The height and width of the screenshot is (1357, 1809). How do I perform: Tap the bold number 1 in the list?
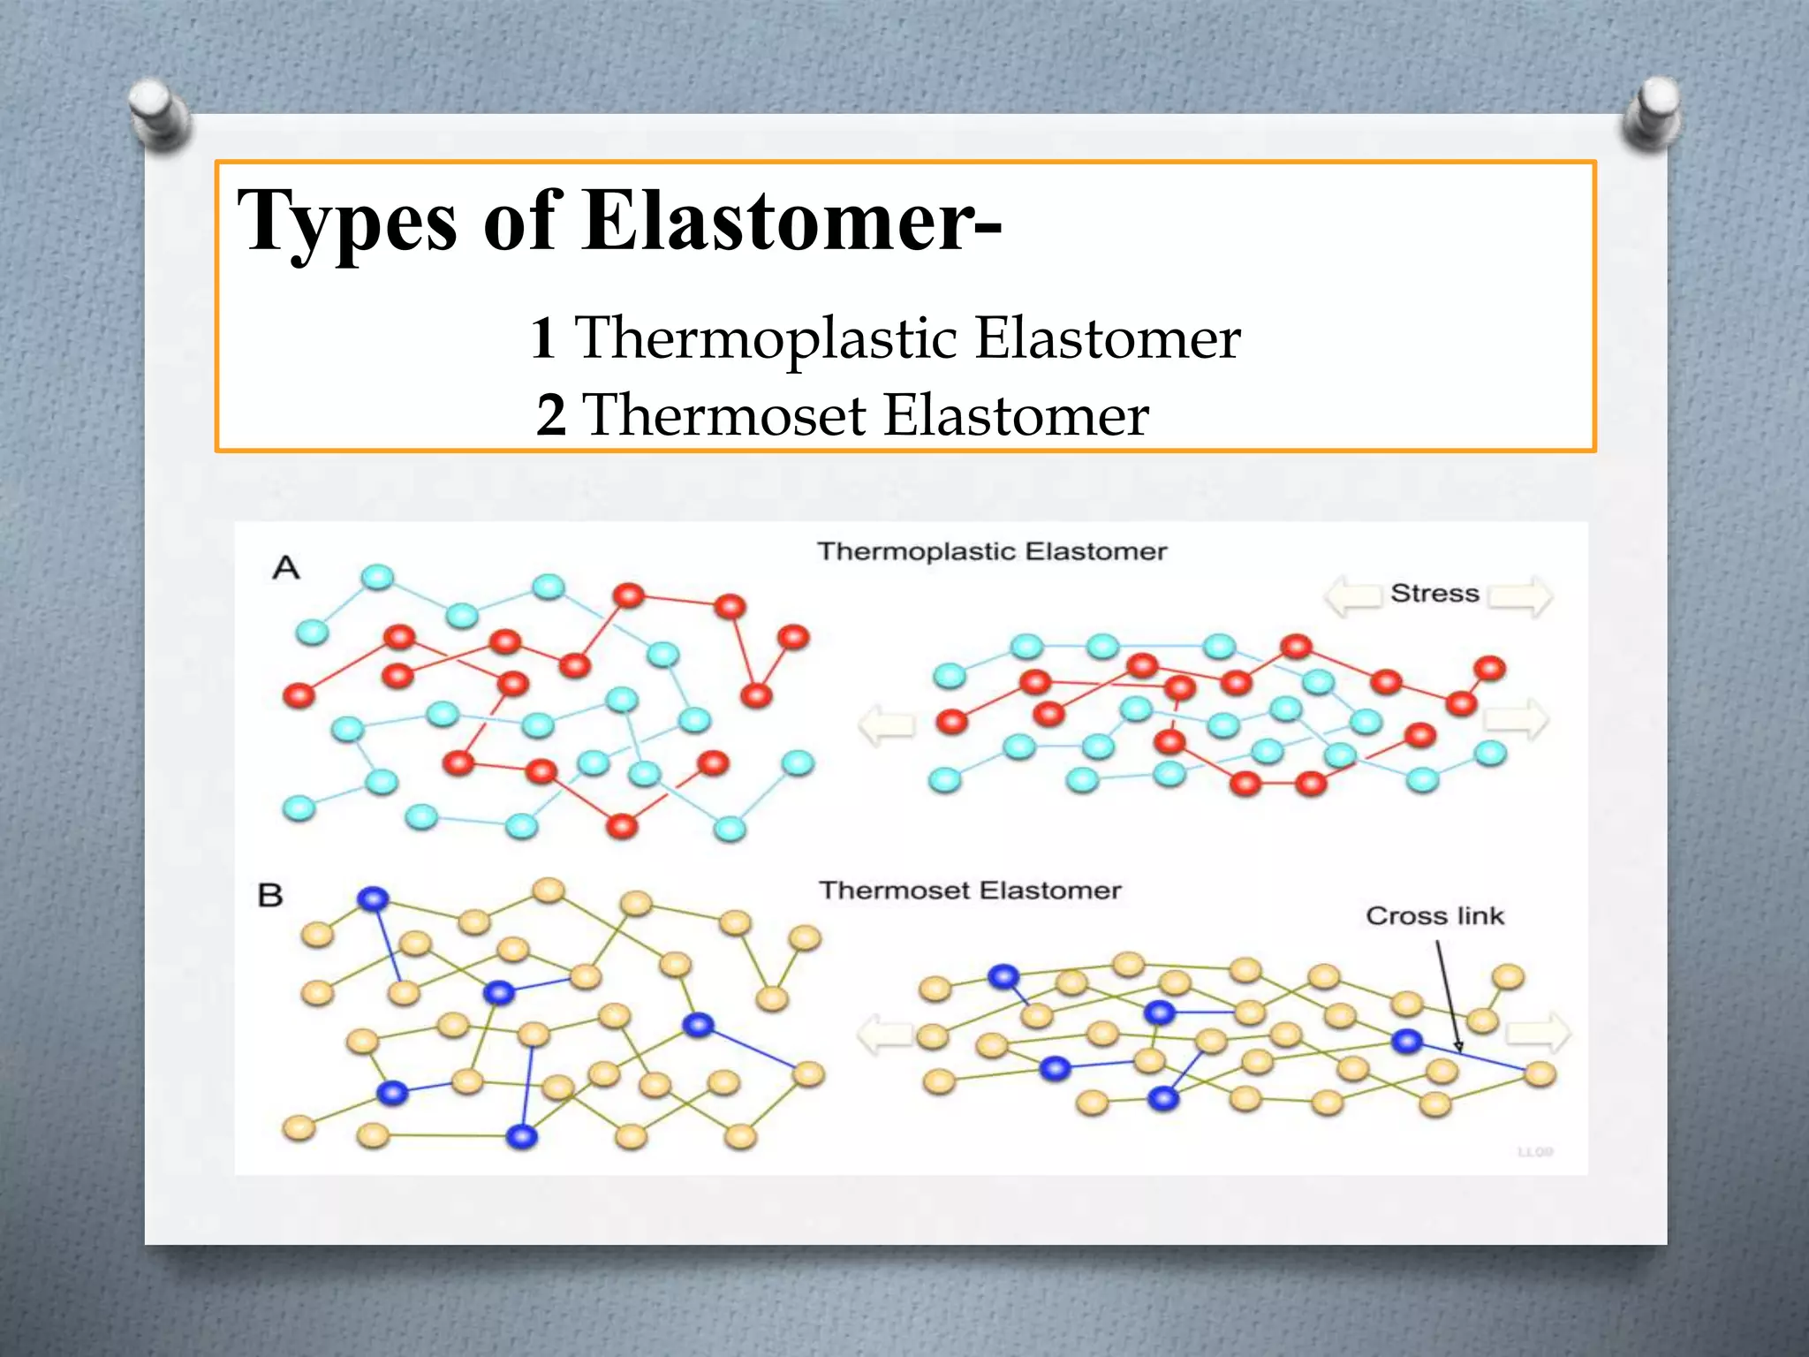pyautogui.click(x=542, y=337)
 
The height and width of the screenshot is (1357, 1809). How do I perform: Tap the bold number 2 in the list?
pyautogui.click(x=550, y=415)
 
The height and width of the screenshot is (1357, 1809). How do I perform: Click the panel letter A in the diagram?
pyautogui.click(x=285, y=567)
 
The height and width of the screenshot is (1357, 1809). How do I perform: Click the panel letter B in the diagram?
pyautogui.click(x=270, y=895)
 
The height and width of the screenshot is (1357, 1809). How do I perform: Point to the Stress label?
pyautogui.click(x=1434, y=593)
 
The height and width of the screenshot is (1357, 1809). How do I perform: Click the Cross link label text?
pyautogui.click(x=1434, y=915)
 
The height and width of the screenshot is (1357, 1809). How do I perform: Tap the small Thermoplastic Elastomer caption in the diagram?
pyautogui.click(x=991, y=551)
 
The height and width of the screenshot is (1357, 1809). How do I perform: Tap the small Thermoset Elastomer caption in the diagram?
pyautogui.click(x=969, y=890)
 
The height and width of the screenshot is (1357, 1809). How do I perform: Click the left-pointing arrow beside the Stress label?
pyautogui.click(x=1352, y=595)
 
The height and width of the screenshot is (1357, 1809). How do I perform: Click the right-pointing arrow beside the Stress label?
pyautogui.click(x=1519, y=595)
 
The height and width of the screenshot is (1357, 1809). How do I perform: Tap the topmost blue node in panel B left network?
pyautogui.click(x=373, y=899)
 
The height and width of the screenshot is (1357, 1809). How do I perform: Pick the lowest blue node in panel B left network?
pyautogui.click(x=522, y=1135)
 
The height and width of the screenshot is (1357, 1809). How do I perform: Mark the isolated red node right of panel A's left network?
pyautogui.click(x=792, y=637)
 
